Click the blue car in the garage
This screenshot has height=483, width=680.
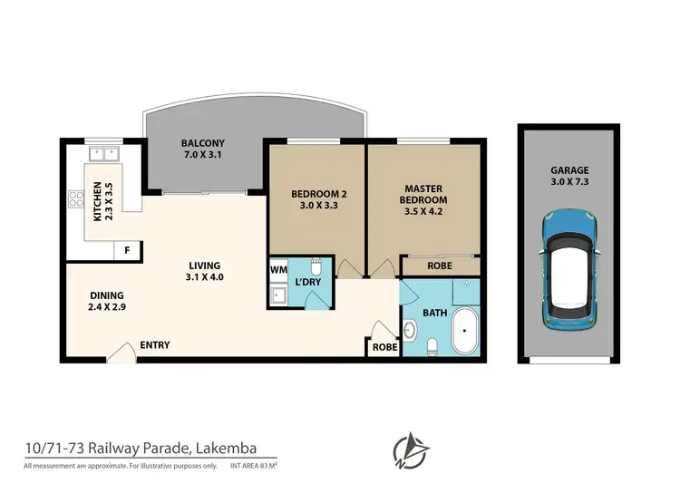[568, 270]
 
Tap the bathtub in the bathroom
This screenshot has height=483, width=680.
[465, 332]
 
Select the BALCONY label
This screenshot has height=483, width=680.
[203, 144]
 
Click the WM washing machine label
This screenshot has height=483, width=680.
[278, 269]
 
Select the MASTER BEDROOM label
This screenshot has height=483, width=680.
[424, 194]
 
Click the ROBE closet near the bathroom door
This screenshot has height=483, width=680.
[381, 346]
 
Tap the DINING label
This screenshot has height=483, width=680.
[106, 296]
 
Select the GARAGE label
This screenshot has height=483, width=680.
[568, 170]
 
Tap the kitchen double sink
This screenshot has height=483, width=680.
[103, 154]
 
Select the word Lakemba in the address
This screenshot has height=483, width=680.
[221, 448]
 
